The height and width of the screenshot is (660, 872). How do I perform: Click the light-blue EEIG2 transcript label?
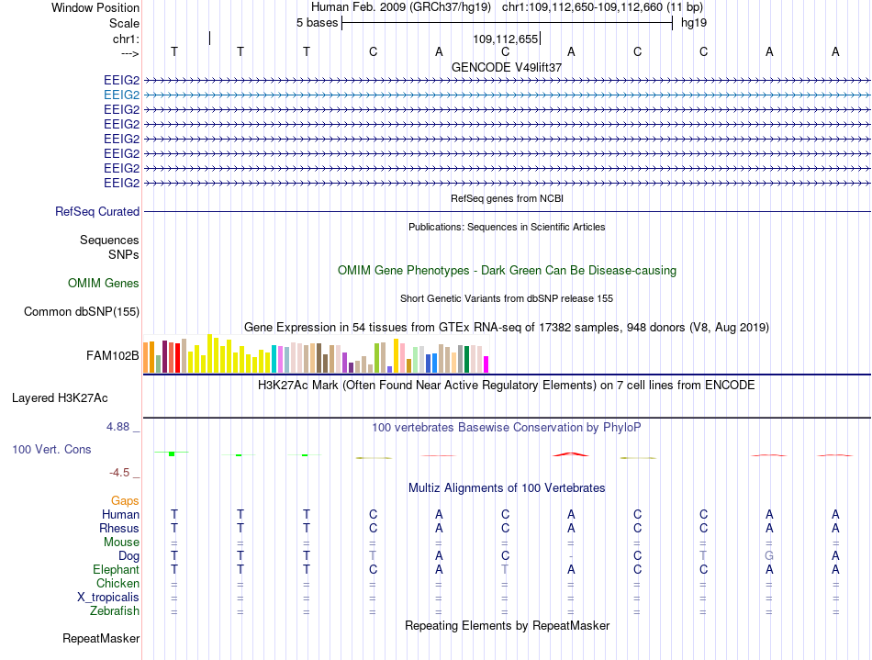pyautogui.click(x=121, y=95)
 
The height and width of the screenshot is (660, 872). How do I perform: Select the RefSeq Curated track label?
pyautogui.click(x=97, y=212)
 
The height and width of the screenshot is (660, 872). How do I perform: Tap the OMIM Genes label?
pyautogui.click(x=104, y=283)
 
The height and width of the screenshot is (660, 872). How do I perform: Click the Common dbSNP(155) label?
pyautogui.click(x=82, y=312)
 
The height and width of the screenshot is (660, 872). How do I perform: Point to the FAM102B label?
pyautogui.click(x=112, y=356)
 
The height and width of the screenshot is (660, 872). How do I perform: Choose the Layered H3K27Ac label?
pyautogui.click(x=60, y=398)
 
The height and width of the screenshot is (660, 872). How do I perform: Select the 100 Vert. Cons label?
pyautogui.click(x=51, y=449)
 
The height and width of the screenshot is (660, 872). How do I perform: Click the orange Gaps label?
pyautogui.click(x=125, y=501)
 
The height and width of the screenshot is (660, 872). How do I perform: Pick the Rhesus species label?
pyautogui.click(x=119, y=528)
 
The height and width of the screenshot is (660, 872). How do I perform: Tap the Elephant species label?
pyautogui.click(x=117, y=570)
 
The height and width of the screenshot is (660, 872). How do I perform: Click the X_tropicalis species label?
pyautogui.click(x=108, y=598)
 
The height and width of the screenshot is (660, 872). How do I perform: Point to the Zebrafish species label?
pyautogui.click(x=115, y=611)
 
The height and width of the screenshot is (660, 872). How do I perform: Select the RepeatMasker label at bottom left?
pyautogui.click(x=101, y=638)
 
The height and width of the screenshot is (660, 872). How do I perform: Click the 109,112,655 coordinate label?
pyautogui.click(x=506, y=39)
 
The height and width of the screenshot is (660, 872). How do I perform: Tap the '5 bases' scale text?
pyautogui.click(x=317, y=23)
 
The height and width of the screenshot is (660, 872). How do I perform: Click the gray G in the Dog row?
pyautogui.click(x=769, y=555)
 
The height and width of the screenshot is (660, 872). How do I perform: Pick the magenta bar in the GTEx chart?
pyautogui.click(x=486, y=364)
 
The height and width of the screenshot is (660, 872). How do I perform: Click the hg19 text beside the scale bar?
pyautogui.click(x=694, y=23)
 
